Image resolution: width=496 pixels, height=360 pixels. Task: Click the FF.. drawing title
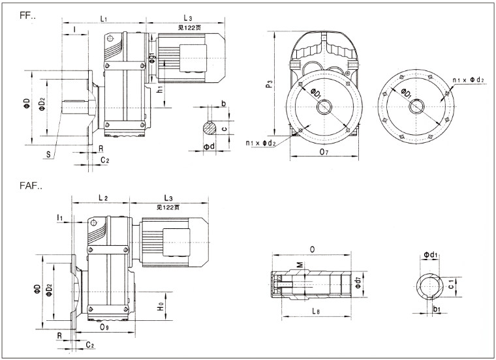(28, 14)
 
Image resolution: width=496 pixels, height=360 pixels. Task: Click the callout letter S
(48, 154)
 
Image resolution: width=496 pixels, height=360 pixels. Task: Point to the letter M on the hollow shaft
(300, 265)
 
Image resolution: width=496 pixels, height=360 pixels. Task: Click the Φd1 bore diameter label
(430, 254)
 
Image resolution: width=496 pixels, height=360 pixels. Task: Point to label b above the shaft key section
(223, 104)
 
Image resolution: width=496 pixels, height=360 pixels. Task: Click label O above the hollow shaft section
(313, 248)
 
